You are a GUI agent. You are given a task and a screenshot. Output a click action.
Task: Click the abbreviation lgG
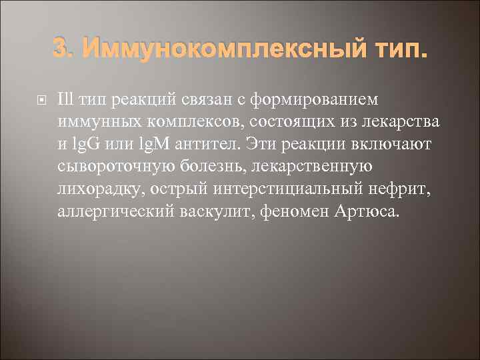[96, 145]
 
